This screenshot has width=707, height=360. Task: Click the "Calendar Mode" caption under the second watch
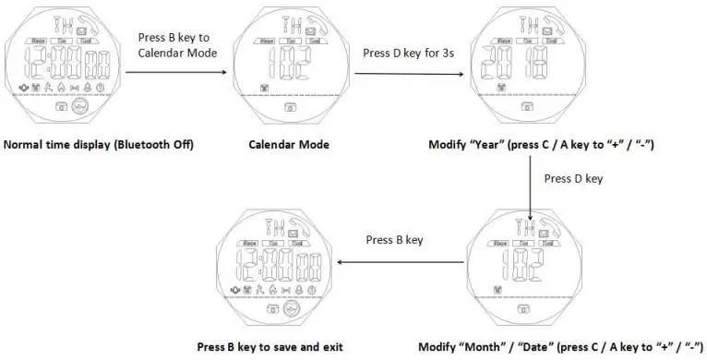pyautogui.click(x=288, y=145)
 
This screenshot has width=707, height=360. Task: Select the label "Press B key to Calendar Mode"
pyautogui.click(x=175, y=45)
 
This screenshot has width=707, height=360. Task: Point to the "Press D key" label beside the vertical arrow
pyautogui.click(x=573, y=178)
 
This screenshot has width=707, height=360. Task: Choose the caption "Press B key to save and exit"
pyautogui.click(x=270, y=347)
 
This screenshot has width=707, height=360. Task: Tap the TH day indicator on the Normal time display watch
pyautogui.click(x=39, y=22)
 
